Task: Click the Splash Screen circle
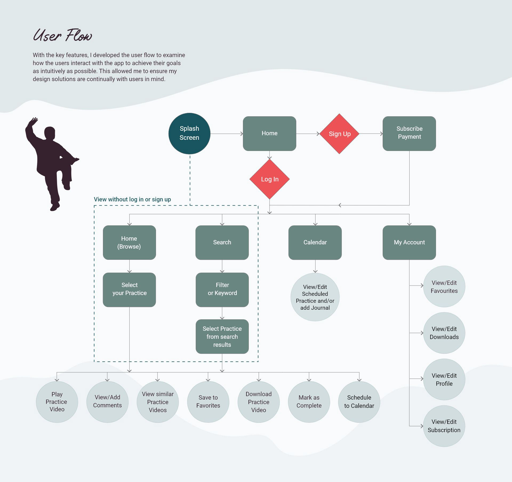coord(189,133)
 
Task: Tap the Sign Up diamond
coord(339,134)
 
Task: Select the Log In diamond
coord(270,179)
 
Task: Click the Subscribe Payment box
coord(409,133)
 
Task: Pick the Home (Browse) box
coord(129,242)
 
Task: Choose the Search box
coord(222,242)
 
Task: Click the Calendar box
coord(315,242)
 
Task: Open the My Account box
coord(409,242)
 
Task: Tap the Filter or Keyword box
coord(222,289)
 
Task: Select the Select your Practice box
coord(129,289)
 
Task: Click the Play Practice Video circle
coord(57,402)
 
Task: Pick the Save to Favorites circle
coord(208,402)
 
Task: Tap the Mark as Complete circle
coord(309,402)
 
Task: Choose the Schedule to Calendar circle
coord(359,402)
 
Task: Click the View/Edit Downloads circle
coord(444,333)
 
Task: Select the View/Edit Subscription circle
coord(444,426)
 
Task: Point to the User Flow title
coord(63,35)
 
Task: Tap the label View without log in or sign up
coord(132,199)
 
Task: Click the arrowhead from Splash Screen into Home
coord(242,134)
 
